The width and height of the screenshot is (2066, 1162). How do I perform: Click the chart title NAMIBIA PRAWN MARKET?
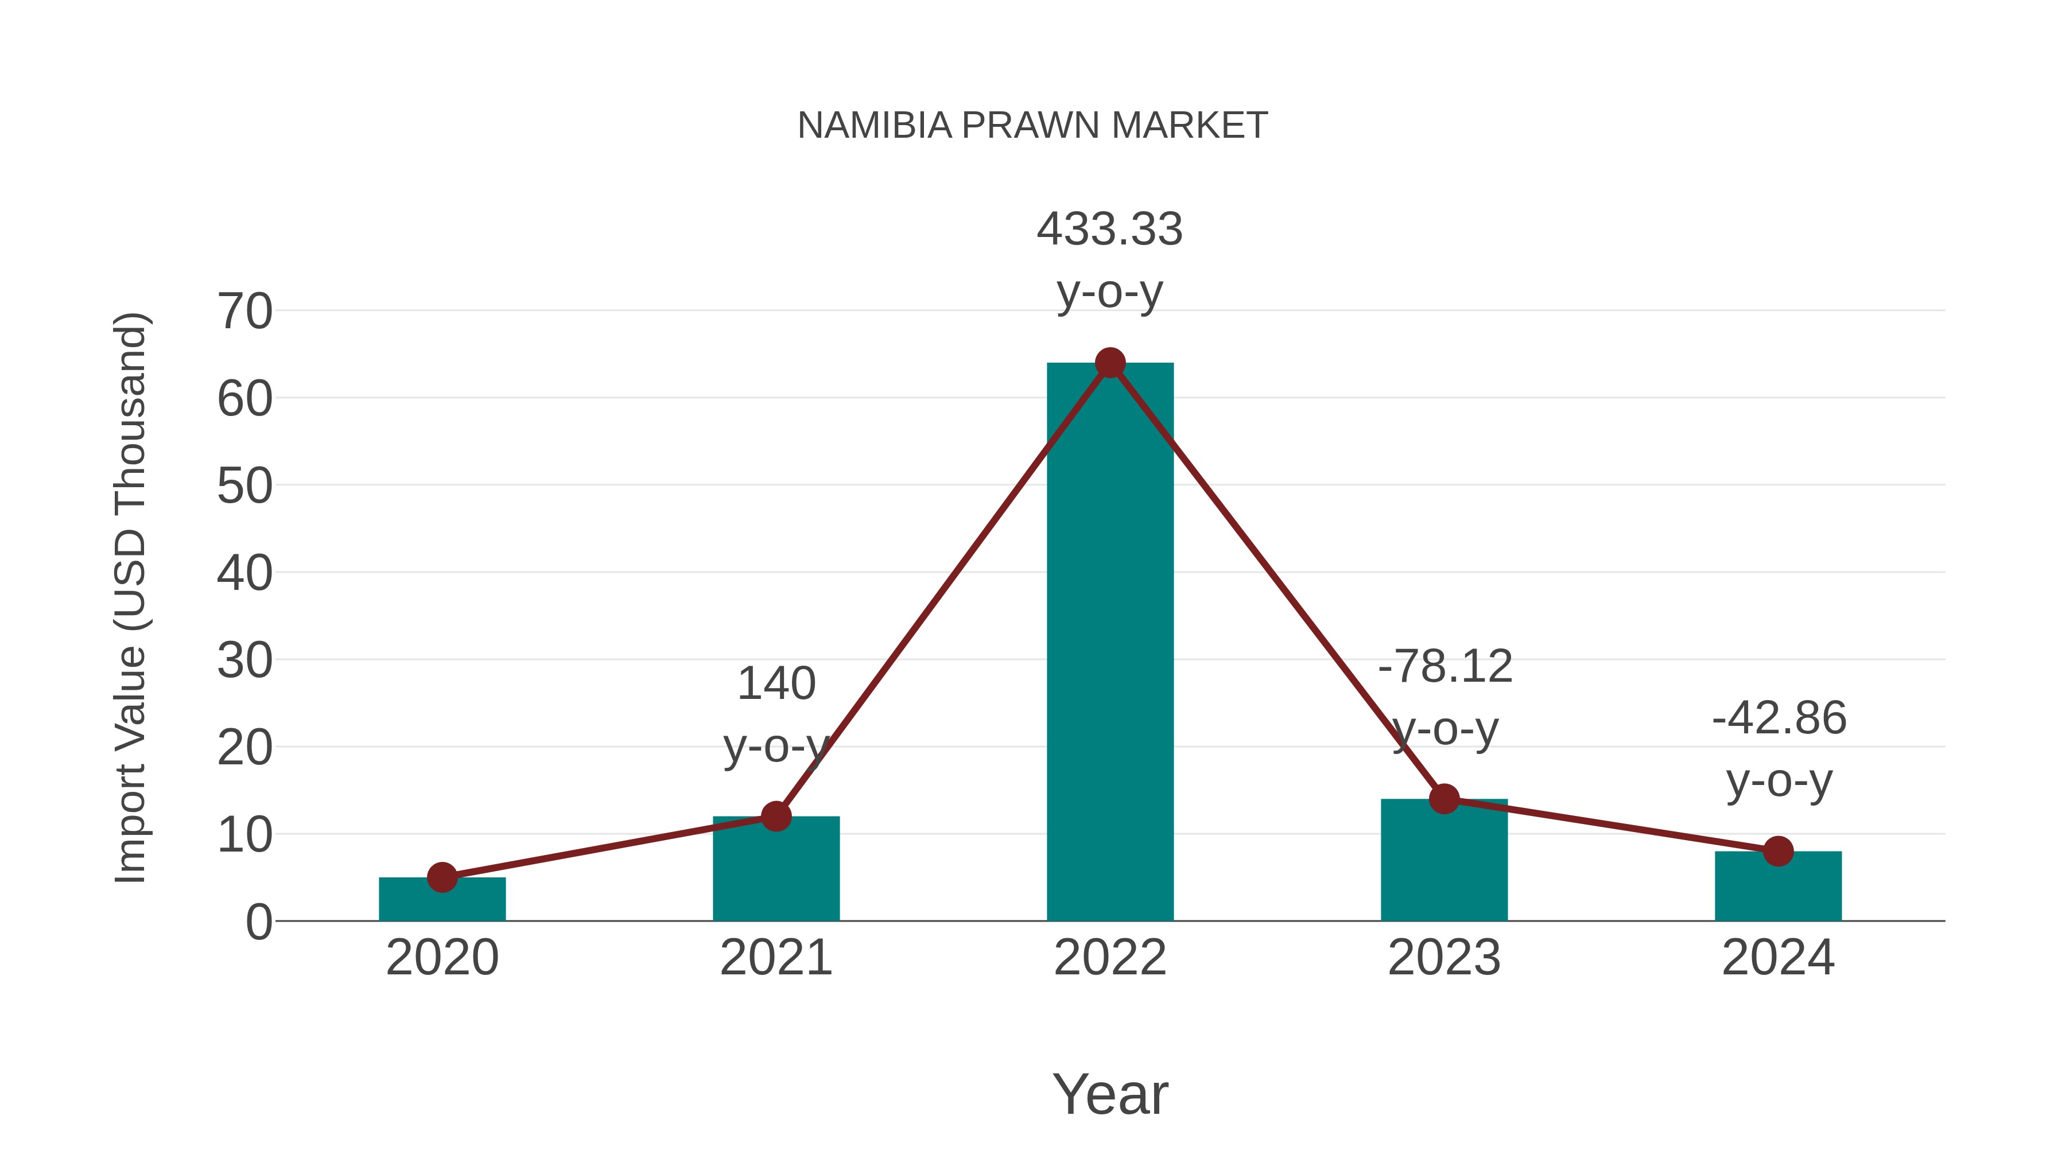coord(1032,126)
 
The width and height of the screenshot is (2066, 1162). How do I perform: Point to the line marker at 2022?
coord(1110,363)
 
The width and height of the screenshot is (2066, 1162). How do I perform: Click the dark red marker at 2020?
coord(442,877)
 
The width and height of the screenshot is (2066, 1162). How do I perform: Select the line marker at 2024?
coord(1778,851)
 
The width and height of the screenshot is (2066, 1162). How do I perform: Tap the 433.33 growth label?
coord(1109,230)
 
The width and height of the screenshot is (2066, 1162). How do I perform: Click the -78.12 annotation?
coord(1444,667)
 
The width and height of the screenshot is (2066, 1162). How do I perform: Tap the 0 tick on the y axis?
coord(258,922)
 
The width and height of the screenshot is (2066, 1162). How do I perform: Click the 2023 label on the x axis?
coord(1444,958)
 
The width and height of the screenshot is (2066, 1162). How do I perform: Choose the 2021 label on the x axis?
coord(775,958)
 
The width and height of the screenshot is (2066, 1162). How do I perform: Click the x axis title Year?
coord(1110,1095)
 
